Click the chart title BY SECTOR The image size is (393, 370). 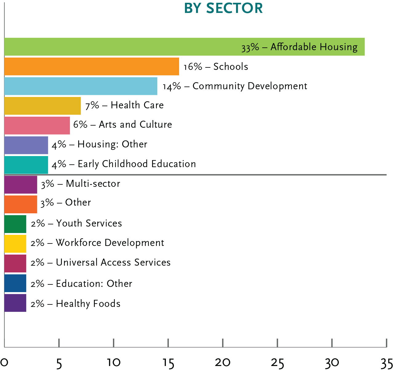(223, 8)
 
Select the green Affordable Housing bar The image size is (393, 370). (123, 47)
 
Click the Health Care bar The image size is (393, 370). (42, 106)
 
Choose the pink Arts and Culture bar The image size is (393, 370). (37, 126)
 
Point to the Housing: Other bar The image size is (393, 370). (26, 145)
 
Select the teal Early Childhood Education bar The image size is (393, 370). (26, 165)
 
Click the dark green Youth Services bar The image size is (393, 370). (15, 224)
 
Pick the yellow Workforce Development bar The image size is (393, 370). (15, 244)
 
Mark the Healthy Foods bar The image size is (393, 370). (15, 303)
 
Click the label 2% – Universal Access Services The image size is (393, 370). (100, 262)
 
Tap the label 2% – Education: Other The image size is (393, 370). (81, 284)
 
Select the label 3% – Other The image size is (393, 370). (66, 203)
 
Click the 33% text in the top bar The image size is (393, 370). (250, 47)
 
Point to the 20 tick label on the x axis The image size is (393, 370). (223, 363)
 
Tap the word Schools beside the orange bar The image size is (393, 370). (231, 66)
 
